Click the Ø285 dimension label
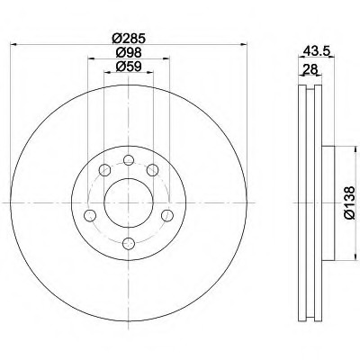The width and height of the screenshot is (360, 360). (x=129, y=38)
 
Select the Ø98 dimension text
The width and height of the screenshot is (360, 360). (x=129, y=53)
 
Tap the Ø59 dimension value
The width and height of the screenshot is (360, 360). (x=129, y=67)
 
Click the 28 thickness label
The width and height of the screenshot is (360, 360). (x=310, y=69)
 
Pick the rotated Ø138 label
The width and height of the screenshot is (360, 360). (x=349, y=202)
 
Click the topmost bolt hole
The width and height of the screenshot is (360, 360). (x=129, y=160)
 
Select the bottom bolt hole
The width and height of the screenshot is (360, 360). (x=129, y=243)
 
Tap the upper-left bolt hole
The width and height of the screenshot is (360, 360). (x=104, y=170)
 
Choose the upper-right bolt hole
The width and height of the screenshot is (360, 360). (x=152, y=170)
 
